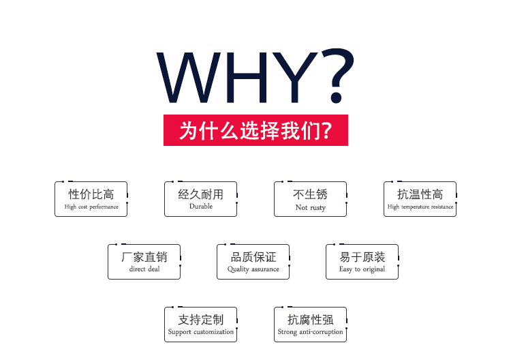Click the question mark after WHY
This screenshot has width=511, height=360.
[338, 76]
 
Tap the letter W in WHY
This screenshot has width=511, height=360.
[189, 78]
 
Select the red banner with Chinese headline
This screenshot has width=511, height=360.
[255, 130]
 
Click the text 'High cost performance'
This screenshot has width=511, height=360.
[91, 207]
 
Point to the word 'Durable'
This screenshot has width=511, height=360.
[201, 206]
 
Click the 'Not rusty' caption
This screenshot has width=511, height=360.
[311, 207]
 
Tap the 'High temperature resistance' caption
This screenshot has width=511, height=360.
[420, 207]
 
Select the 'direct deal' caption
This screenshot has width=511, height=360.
[144, 269]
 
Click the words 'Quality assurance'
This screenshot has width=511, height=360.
[253, 269]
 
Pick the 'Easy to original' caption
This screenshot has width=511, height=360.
[362, 269]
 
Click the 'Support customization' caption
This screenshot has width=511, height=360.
[201, 332]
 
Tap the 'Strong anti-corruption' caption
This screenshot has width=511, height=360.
[310, 332]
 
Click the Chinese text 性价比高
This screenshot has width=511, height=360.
[91, 194]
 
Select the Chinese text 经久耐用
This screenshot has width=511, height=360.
[201, 194]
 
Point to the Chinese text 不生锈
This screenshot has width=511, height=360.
[310, 194]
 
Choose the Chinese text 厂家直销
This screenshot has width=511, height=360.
[144, 257]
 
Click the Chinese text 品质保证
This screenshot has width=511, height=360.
[253, 257]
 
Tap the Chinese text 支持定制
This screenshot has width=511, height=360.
[201, 320]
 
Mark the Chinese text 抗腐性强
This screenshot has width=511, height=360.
[310, 320]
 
